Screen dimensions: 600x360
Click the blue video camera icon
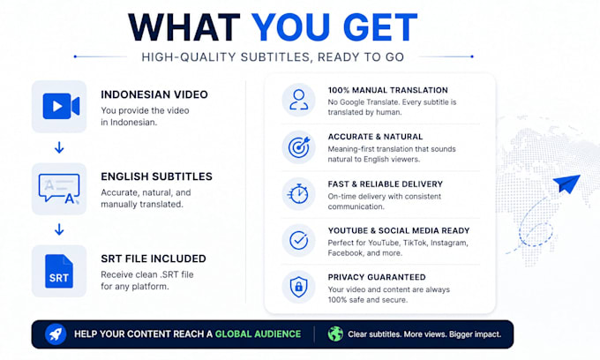pyautogui.click(x=61, y=106)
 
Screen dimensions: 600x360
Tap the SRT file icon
pyautogui.click(x=59, y=271)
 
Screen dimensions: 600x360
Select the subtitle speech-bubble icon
pyautogui.click(x=59, y=188)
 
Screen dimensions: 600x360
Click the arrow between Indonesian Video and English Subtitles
pyautogui.click(x=59, y=147)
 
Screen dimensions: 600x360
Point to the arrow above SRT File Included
pyautogui.click(x=59, y=229)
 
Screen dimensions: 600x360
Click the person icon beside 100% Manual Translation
pyautogui.click(x=298, y=100)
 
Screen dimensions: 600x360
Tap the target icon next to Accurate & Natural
pyautogui.click(x=299, y=147)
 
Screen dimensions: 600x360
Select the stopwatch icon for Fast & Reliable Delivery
pyautogui.click(x=298, y=194)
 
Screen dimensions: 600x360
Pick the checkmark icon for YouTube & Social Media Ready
pyautogui.click(x=298, y=240)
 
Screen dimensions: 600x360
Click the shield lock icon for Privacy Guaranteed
pyautogui.click(x=298, y=287)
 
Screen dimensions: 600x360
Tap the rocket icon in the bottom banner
pyautogui.click(x=56, y=334)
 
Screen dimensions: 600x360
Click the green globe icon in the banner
pyautogui.click(x=335, y=334)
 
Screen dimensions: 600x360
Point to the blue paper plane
pyautogui.click(x=566, y=184)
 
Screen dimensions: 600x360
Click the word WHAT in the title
pyautogui.click(x=184, y=27)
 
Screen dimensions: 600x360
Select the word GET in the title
pyautogui.click(x=380, y=27)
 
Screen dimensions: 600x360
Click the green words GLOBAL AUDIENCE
pyautogui.click(x=258, y=334)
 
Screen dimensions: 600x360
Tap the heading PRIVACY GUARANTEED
pyautogui.click(x=377, y=277)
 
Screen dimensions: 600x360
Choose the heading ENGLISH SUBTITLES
pyautogui.click(x=156, y=176)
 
